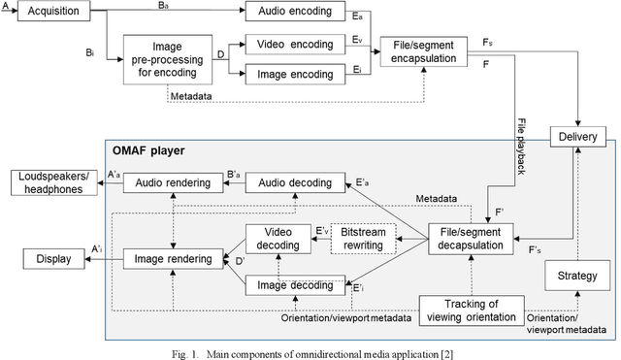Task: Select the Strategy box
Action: pyautogui.click(x=578, y=278)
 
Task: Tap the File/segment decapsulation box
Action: pyautogui.click(x=471, y=240)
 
